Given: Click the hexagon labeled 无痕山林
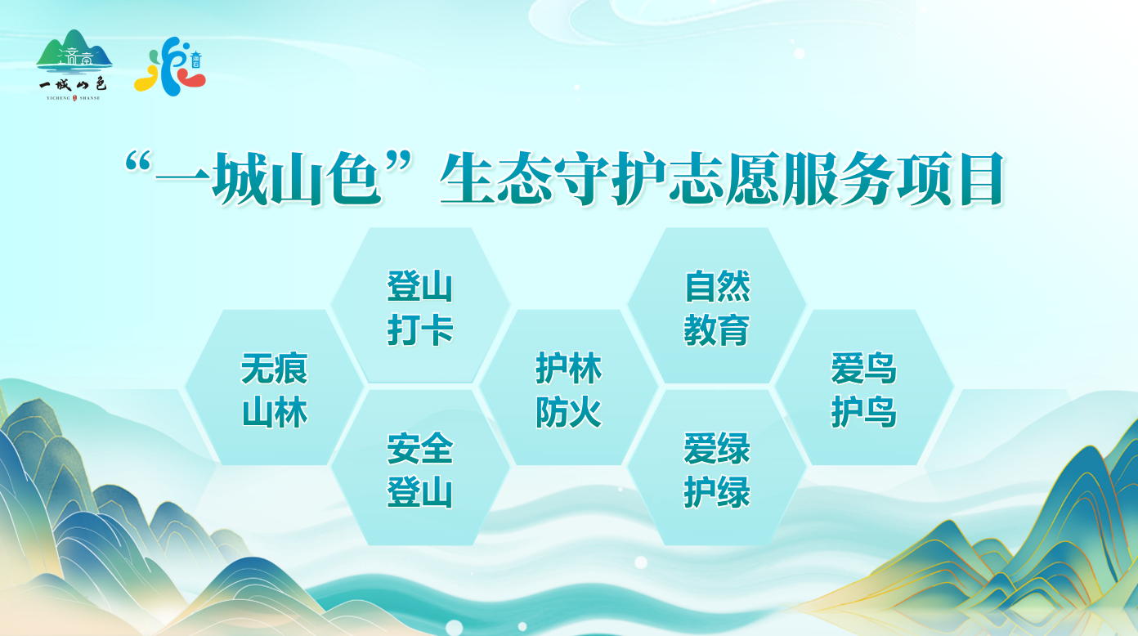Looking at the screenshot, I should coord(275,389).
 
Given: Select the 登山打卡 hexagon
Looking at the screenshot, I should coord(420,307).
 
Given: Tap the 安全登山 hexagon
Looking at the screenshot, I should coord(420,469).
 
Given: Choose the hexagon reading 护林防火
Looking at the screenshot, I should coord(569,389).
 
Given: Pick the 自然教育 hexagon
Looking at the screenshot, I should coord(717,307).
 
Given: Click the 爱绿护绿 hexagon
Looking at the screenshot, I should coord(717,469).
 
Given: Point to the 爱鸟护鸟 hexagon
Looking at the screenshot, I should coord(864,389).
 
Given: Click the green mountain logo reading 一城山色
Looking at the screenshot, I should coord(74,64).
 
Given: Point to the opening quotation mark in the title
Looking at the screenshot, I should coord(141,163).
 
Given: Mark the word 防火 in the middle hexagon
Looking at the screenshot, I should coord(569,412).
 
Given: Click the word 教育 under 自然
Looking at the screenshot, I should coord(717,331).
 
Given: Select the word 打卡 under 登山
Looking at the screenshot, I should coord(420,331).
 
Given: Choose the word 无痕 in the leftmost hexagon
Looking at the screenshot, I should coord(275,368).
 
